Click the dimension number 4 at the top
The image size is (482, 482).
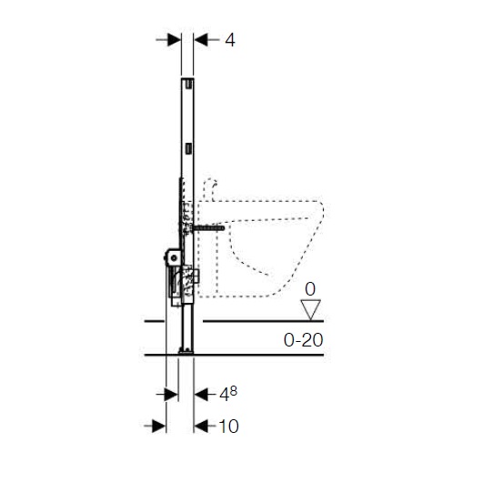pos(230,40)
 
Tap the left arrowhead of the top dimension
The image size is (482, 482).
pos(175,40)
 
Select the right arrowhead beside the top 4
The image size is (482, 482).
pos(201,40)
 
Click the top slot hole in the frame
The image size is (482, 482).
pos(189,84)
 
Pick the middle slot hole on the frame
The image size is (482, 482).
pos(189,148)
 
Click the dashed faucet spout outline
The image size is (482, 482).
pos(210,188)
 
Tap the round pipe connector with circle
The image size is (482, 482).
pos(174,258)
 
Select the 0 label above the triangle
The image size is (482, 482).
pos(310,289)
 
